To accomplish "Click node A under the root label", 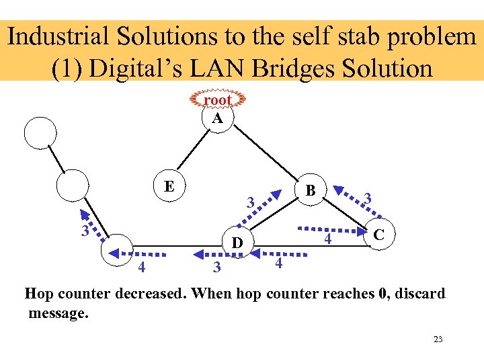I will [x=217, y=118].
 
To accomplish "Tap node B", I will [x=310, y=191].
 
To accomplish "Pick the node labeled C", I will [x=378, y=235].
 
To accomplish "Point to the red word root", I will [x=217, y=100].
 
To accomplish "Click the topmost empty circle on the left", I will [x=40, y=133].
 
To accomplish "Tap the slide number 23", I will [x=438, y=339].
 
